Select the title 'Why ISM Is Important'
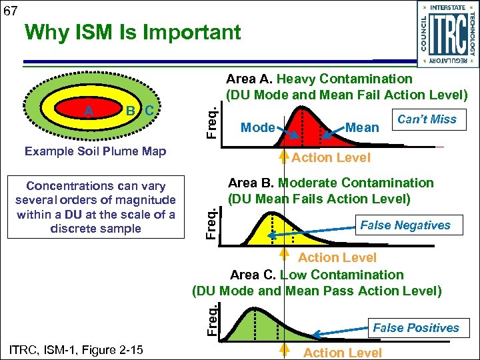[132, 32]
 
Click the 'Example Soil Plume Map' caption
[95, 151]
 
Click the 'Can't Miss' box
[427, 120]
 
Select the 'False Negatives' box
[405, 225]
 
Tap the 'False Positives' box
[415, 327]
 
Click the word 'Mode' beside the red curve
[257, 127]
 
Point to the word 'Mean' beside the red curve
[363, 127]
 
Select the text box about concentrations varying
[95, 207]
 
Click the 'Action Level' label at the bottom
[342, 353]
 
